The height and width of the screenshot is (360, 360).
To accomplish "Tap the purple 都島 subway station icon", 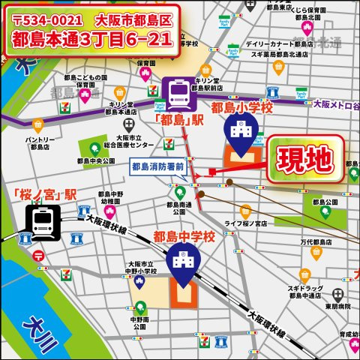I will click(x=178, y=94).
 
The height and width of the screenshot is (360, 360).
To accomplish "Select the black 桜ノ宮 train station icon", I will click(x=41, y=221).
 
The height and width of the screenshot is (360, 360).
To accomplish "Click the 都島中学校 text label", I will click(x=184, y=237).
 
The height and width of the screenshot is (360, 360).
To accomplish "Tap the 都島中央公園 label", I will click(x=95, y=160).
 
